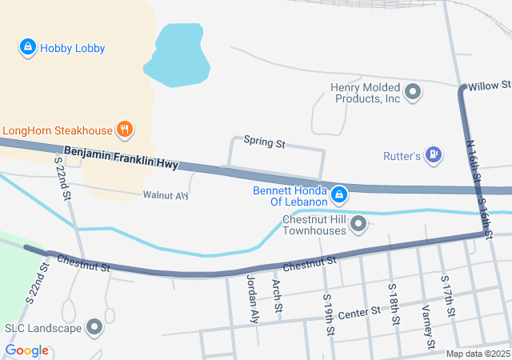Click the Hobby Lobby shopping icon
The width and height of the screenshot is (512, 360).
point(28,48)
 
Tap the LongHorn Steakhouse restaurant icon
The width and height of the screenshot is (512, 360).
point(124,129)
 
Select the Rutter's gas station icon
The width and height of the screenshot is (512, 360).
point(434,154)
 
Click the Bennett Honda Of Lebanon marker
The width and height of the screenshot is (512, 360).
point(339,194)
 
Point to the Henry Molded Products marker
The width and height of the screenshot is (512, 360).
point(414,93)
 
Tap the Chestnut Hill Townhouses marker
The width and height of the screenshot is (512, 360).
point(358,224)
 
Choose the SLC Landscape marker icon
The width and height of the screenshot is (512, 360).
point(95,327)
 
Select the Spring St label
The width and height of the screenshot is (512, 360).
point(265,143)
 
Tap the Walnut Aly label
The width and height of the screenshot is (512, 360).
point(166,195)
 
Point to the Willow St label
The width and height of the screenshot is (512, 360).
point(489,85)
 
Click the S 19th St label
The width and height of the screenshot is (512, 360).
point(328,313)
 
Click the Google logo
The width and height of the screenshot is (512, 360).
point(26,350)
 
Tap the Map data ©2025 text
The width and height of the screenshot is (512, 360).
point(477,354)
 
